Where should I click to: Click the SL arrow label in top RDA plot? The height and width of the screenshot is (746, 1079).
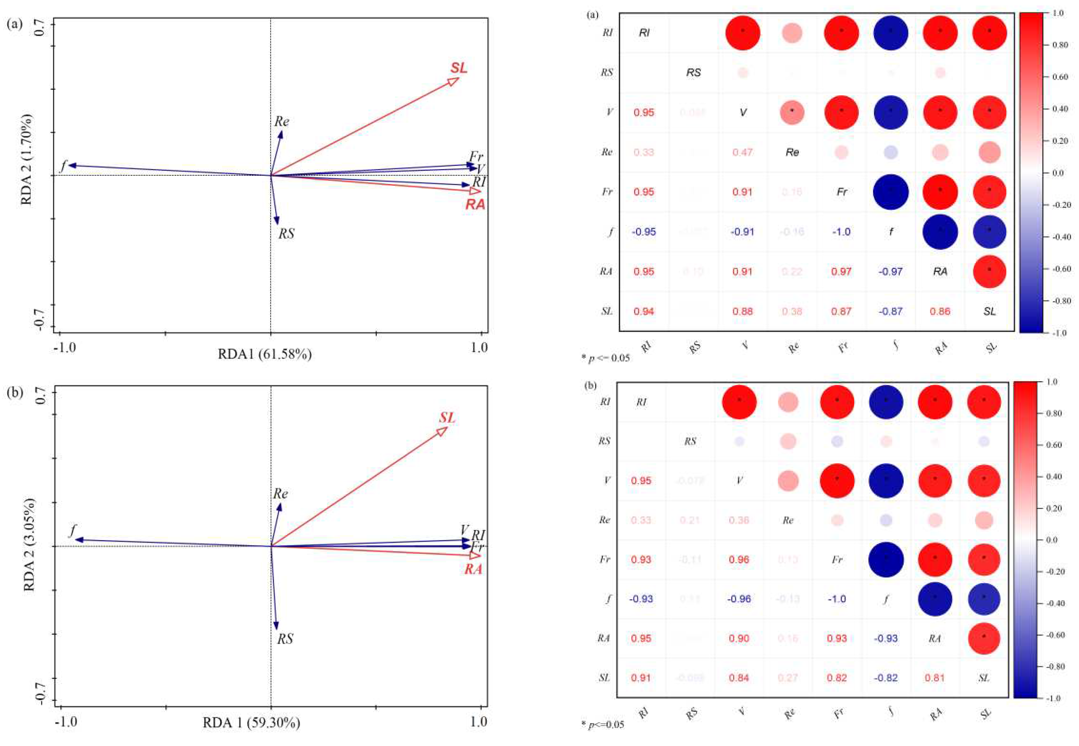click(x=458, y=68)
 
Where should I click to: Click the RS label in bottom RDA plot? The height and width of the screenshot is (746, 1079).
click(x=285, y=639)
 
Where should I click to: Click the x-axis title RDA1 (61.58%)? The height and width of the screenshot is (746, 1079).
click(x=264, y=354)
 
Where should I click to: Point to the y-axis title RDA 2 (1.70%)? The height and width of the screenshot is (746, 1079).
click(x=27, y=160)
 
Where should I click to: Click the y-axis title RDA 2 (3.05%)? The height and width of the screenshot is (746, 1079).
click(x=29, y=545)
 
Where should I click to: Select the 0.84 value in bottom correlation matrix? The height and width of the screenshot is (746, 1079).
click(x=739, y=678)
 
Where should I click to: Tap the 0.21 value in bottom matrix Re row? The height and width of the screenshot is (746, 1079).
click(x=690, y=520)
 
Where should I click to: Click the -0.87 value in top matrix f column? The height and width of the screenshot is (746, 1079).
click(x=890, y=311)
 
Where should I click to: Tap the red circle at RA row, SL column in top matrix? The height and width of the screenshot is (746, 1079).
click(x=989, y=272)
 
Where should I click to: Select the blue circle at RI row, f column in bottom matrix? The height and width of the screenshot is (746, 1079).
click(x=886, y=402)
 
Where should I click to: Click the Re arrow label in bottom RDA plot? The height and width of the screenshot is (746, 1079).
click(x=280, y=494)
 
